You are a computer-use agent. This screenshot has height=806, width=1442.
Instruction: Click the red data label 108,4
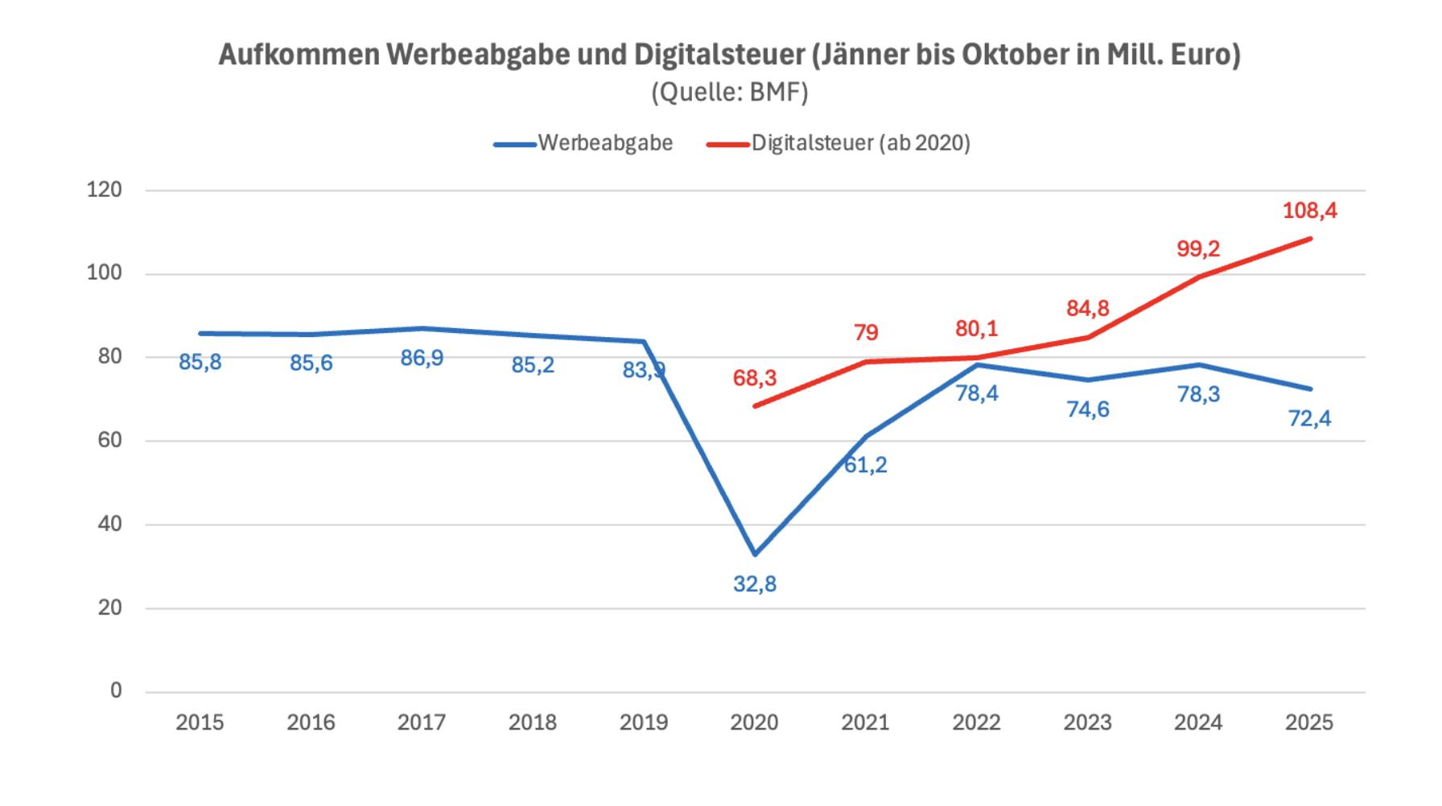click(x=1309, y=211)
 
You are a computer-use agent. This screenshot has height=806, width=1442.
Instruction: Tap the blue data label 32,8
click(x=755, y=584)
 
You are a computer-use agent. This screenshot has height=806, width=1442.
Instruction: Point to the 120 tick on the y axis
click(x=105, y=190)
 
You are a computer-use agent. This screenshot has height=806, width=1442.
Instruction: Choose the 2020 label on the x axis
click(x=754, y=722)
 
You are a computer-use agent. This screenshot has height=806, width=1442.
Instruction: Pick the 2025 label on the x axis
click(x=1309, y=722)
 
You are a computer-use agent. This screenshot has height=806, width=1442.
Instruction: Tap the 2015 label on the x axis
click(x=200, y=722)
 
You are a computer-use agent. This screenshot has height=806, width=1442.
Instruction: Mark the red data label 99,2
click(x=1198, y=249)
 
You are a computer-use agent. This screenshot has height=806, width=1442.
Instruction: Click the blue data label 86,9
click(x=422, y=358)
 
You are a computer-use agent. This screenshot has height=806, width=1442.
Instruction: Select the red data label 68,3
click(x=755, y=378)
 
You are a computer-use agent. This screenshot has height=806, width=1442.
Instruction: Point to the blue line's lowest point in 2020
click(x=755, y=554)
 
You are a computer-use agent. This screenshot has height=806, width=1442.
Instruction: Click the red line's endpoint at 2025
click(x=1310, y=238)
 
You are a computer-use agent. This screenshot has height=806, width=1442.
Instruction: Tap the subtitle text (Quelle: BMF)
click(x=729, y=93)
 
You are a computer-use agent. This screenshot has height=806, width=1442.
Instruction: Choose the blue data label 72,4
click(x=1309, y=418)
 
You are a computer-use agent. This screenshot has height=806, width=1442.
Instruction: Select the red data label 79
click(x=866, y=332)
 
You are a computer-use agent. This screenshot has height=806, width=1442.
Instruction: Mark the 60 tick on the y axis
click(x=109, y=440)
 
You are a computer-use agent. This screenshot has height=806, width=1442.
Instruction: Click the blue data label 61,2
click(x=866, y=465)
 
